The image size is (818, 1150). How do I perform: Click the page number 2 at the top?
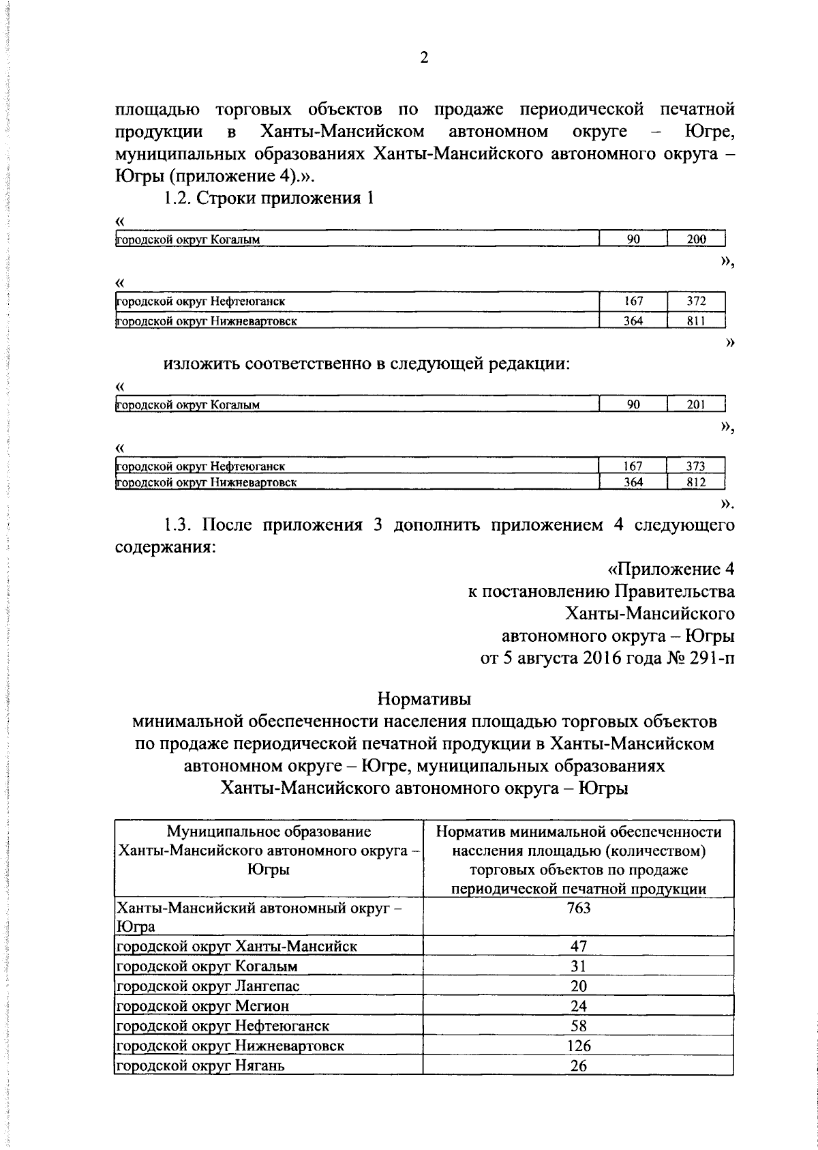[x=423, y=58]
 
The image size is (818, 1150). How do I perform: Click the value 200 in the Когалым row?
[x=695, y=239]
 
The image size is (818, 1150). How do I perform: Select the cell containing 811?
[x=695, y=321]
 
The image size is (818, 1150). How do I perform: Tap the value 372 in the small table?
[x=695, y=301]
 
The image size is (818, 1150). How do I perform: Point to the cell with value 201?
[x=695, y=404]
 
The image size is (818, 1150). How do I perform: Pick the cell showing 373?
[x=695, y=467]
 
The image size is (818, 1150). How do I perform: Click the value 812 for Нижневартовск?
[x=695, y=482]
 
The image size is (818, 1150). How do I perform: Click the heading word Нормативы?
[x=423, y=699]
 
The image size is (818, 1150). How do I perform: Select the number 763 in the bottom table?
[x=578, y=908]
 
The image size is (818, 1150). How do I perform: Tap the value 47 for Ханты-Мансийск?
[x=578, y=946]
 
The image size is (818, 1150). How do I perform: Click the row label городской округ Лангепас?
[x=208, y=986]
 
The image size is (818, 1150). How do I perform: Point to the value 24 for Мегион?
[x=578, y=1006]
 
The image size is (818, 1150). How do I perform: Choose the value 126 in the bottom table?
[x=578, y=1046]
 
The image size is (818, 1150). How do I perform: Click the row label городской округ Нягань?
[x=200, y=1065]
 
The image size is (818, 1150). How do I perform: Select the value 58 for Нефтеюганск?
[x=578, y=1026]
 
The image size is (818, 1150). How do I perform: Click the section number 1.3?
[x=179, y=525]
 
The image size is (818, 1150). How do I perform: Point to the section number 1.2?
[x=179, y=198]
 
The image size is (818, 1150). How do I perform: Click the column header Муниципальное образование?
[x=269, y=831]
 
